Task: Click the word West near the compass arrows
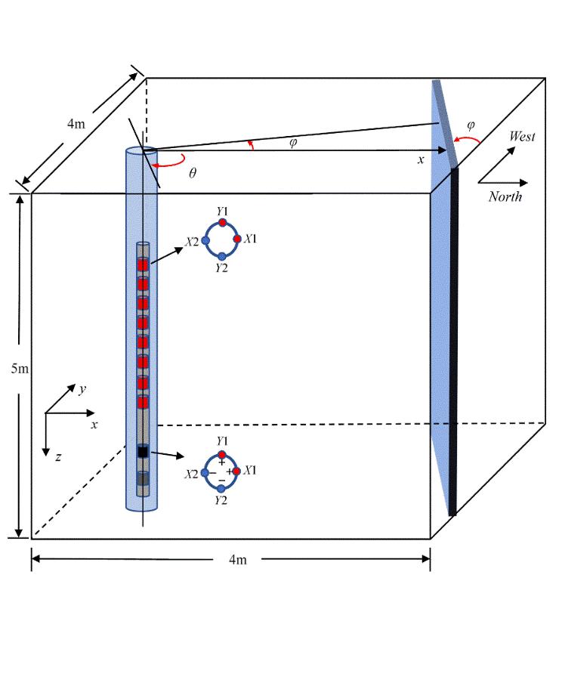[x=522, y=137]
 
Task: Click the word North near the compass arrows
[x=505, y=196]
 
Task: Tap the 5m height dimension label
[x=20, y=369]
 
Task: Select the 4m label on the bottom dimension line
[x=238, y=560]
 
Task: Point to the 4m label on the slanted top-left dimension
[x=76, y=124]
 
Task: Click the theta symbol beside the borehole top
[x=193, y=173]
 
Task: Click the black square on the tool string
[x=142, y=452]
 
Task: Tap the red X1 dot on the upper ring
[x=237, y=239]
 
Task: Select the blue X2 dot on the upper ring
[x=205, y=240]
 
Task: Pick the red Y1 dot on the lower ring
[x=221, y=455]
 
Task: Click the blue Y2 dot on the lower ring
[x=221, y=488]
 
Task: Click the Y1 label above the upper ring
[x=222, y=212]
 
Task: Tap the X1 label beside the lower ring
[x=252, y=470]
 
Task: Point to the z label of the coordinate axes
[x=58, y=456]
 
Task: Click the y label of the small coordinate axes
[x=82, y=388]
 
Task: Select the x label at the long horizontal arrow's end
[x=421, y=159]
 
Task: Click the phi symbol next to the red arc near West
[x=471, y=125]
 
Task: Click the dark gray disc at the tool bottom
[x=142, y=479]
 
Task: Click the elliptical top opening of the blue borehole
[x=141, y=151]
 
